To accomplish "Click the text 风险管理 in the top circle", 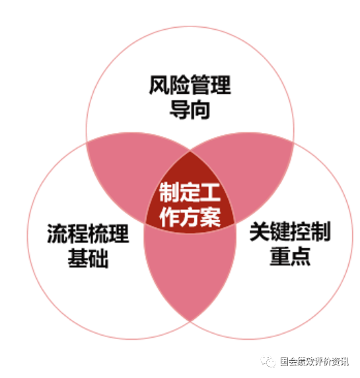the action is click(x=190, y=85).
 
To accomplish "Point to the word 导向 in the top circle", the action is click(x=190, y=110).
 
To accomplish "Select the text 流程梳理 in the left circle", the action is click(x=88, y=233).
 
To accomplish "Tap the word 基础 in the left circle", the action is click(x=88, y=258).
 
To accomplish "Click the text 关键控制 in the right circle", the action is click(x=290, y=231).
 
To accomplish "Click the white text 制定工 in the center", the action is click(x=190, y=192).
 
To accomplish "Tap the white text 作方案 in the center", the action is click(x=190, y=217).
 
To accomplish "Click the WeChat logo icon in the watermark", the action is click(x=268, y=361).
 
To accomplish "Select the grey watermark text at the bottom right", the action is click(x=314, y=361).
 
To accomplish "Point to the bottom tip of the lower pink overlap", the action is click(x=190, y=321).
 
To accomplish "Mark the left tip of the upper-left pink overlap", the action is click(x=87, y=141).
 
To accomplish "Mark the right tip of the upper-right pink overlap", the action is click(x=294, y=141).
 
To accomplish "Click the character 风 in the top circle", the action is click(x=159, y=85).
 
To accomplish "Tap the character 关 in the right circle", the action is click(x=260, y=231).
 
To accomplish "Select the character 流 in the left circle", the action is click(x=57, y=233).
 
